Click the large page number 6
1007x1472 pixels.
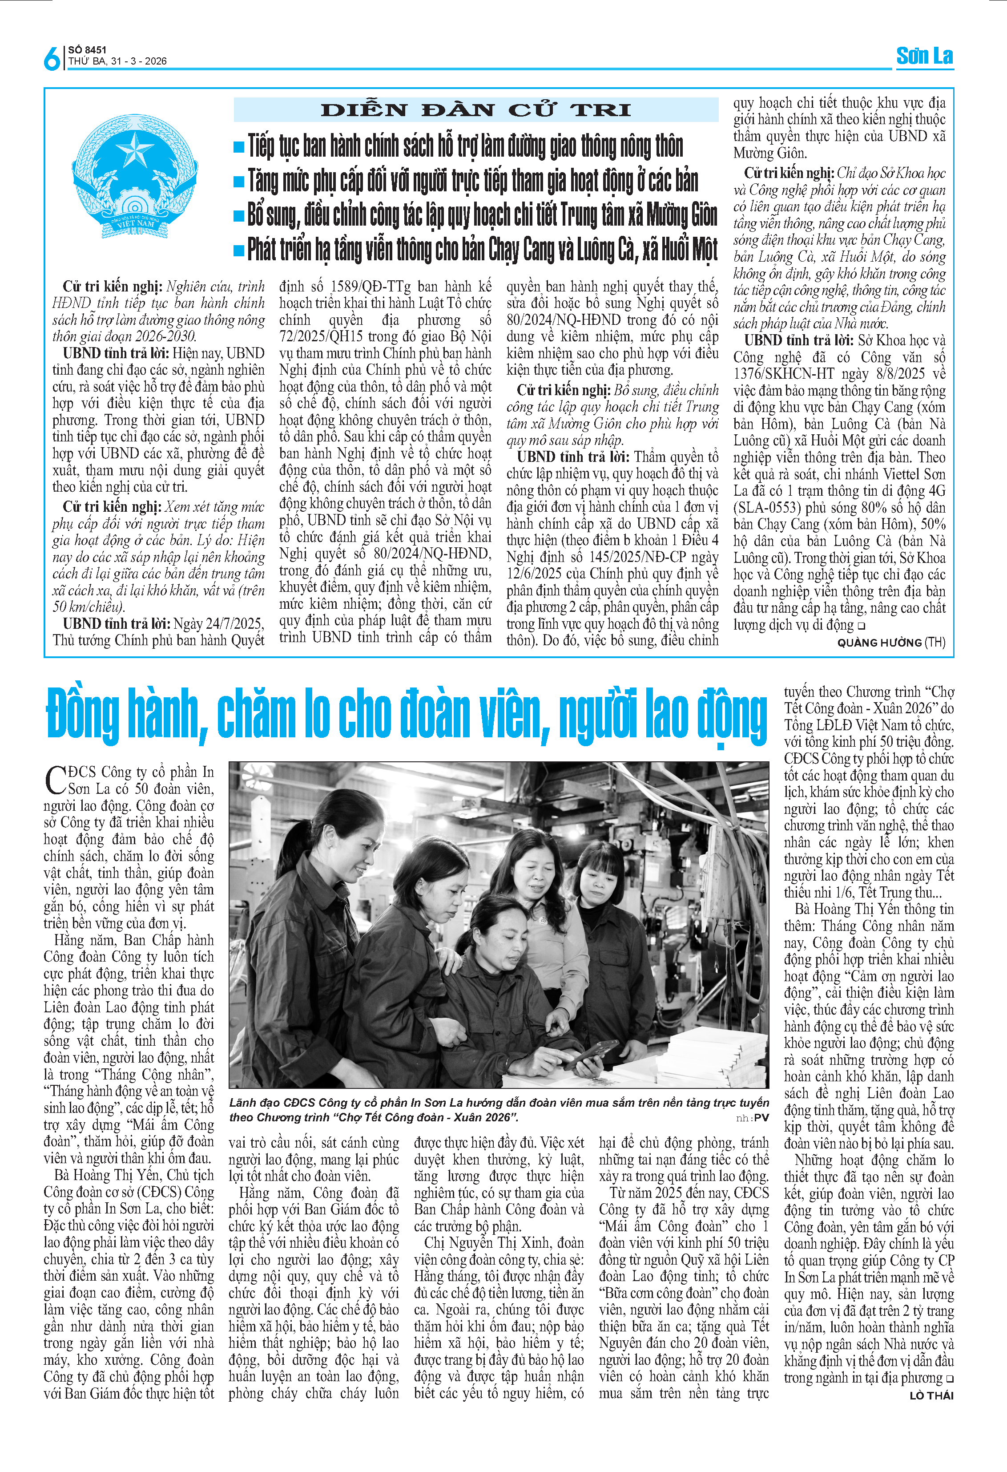click(52, 58)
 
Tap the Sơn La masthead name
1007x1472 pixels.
click(924, 57)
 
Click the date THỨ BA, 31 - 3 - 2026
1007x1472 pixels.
click(118, 61)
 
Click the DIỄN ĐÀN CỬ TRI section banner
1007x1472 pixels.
click(475, 109)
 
